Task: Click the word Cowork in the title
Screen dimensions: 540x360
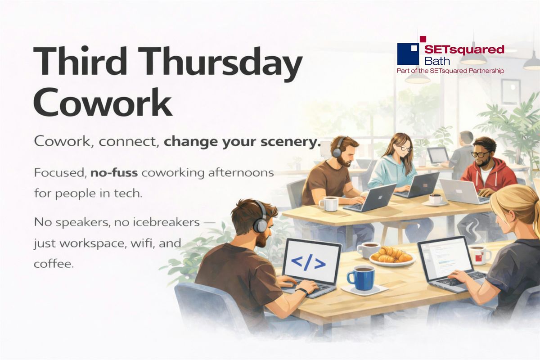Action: [103, 102]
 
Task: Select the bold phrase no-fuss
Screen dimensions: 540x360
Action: [114, 173]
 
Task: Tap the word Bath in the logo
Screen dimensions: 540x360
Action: [437, 61]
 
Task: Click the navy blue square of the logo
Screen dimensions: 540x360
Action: [408, 54]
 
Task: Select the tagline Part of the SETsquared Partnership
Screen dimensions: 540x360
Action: [450, 71]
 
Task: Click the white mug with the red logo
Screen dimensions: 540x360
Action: [480, 255]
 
